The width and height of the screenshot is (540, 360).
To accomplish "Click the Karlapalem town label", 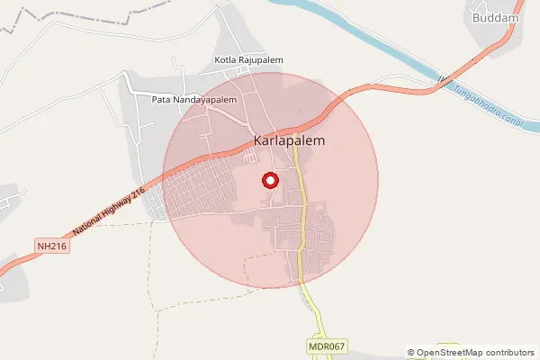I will [289, 141].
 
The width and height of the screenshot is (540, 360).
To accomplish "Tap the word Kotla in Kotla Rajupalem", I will [226, 60].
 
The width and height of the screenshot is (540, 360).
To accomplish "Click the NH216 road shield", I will [52, 245].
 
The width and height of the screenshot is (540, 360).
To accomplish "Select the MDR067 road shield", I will [326, 346].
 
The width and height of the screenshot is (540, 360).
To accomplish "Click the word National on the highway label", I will [89, 222].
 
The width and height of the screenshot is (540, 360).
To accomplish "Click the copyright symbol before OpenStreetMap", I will [411, 352].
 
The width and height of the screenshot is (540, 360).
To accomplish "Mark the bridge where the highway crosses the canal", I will [443, 79].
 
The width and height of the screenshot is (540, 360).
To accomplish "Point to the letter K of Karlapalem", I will [259, 141].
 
